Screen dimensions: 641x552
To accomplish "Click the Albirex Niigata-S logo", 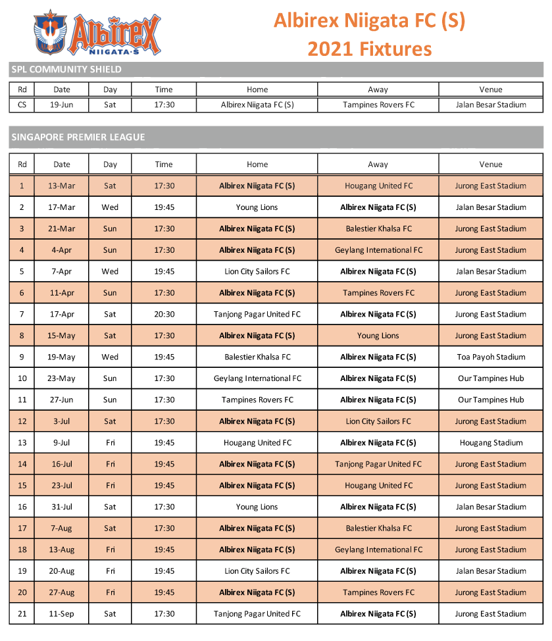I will pyautogui.click(x=97, y=32).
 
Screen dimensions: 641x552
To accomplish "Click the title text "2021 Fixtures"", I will pyautogui.click(x=369, y=49).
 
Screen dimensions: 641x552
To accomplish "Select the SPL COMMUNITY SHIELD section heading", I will pyautogui.click(x=66, y=69).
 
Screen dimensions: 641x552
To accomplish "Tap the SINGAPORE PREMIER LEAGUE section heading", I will pyautogui.click(x=77, y=137).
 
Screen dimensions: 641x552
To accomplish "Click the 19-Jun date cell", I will pyautogui.click(x=62, y=105).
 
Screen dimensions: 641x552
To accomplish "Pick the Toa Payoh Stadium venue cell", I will pyautogui.click(x=491, y=357).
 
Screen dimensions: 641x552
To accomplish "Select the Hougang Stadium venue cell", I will pyautogui.click(x=491, y=443).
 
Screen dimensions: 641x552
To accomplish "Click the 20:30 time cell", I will pyautogui.click(x=164, y=315).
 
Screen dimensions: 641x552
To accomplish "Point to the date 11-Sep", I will pyautogui.click(x=62, y=614).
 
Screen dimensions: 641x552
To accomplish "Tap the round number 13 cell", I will pyautogui.click(x=22, y=443).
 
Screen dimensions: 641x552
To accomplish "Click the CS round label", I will pyautogui.click(x=22, y=105).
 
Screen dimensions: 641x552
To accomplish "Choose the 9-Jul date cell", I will pyautogui.click(x=62, y=443).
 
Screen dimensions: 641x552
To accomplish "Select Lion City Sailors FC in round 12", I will pyautogui.click(x=378, y=421).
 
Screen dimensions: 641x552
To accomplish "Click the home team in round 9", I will pyautogui.click(x=257, y=357).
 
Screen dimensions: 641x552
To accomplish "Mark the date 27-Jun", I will pyautogui.click(x=62, y=400).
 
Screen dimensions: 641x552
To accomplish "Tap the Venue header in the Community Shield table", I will pyautogui.click(x=491, y=90).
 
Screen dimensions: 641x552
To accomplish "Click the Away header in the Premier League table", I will pyautogui.click(x=378, y=165).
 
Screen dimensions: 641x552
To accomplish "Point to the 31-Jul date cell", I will pyautogui.click(x=62, y=507).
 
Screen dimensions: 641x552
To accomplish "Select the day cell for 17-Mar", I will pyautogui.click(x=110, y=207).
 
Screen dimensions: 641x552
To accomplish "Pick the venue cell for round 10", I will pyautogui.click(x=491, y=378).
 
